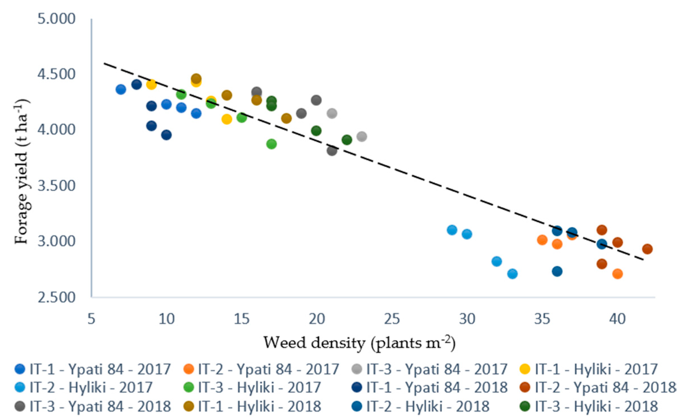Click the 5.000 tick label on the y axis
[x=56, y=19]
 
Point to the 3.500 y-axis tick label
[x=56, y=186]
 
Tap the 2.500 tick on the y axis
[x=56, y=298]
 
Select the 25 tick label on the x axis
[x=392, y=319]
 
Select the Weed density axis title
[x=359, y=343]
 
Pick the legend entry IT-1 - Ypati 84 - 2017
[x=93, y=369]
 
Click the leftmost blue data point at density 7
[x=121, y=89]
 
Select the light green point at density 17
[x=272, y=144]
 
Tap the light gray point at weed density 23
[x=362, y=136]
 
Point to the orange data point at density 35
[x=542, y=240]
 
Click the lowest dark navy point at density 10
[x=166, y=135]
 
